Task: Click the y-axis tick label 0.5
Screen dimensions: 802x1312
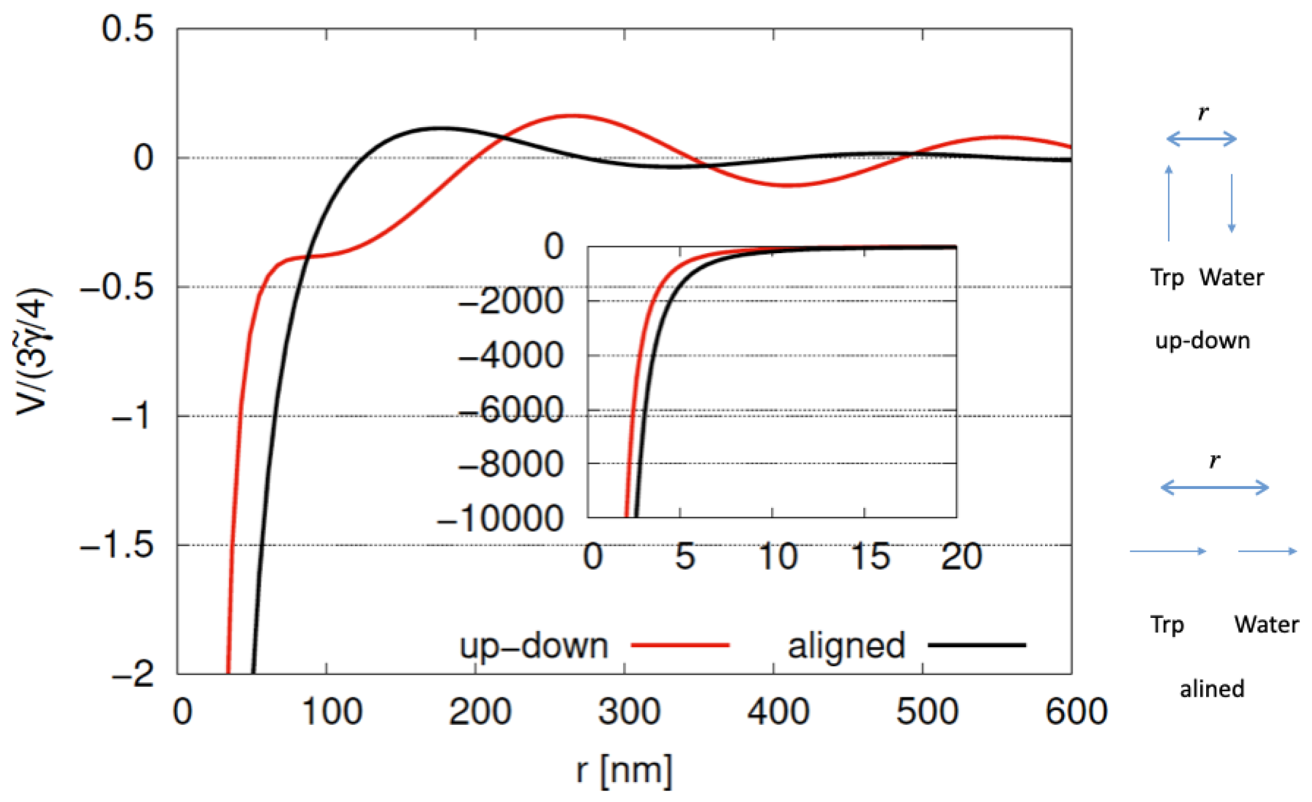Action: point(128,28)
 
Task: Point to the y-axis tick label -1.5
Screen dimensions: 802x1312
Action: point(117,544)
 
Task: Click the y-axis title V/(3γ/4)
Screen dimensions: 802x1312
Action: point(33,351)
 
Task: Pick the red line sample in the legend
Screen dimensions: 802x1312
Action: point(680,646)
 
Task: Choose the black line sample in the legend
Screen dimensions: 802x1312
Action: point(977,646)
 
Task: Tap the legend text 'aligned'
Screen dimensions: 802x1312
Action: point(846,646)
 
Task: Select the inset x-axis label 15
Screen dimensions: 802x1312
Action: point(870,556)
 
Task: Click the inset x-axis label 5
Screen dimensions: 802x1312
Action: point(685,556)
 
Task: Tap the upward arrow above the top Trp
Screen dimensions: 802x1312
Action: point(1169,203)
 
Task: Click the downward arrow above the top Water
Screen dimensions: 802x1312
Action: point(1231,203)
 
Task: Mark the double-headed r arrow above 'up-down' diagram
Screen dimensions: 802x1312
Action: point(1202,139)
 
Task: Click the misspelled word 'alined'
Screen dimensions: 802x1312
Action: point(1212,689)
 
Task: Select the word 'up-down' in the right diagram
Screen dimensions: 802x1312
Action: point(1203,341)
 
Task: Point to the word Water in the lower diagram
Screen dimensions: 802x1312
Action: point(1266,624)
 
